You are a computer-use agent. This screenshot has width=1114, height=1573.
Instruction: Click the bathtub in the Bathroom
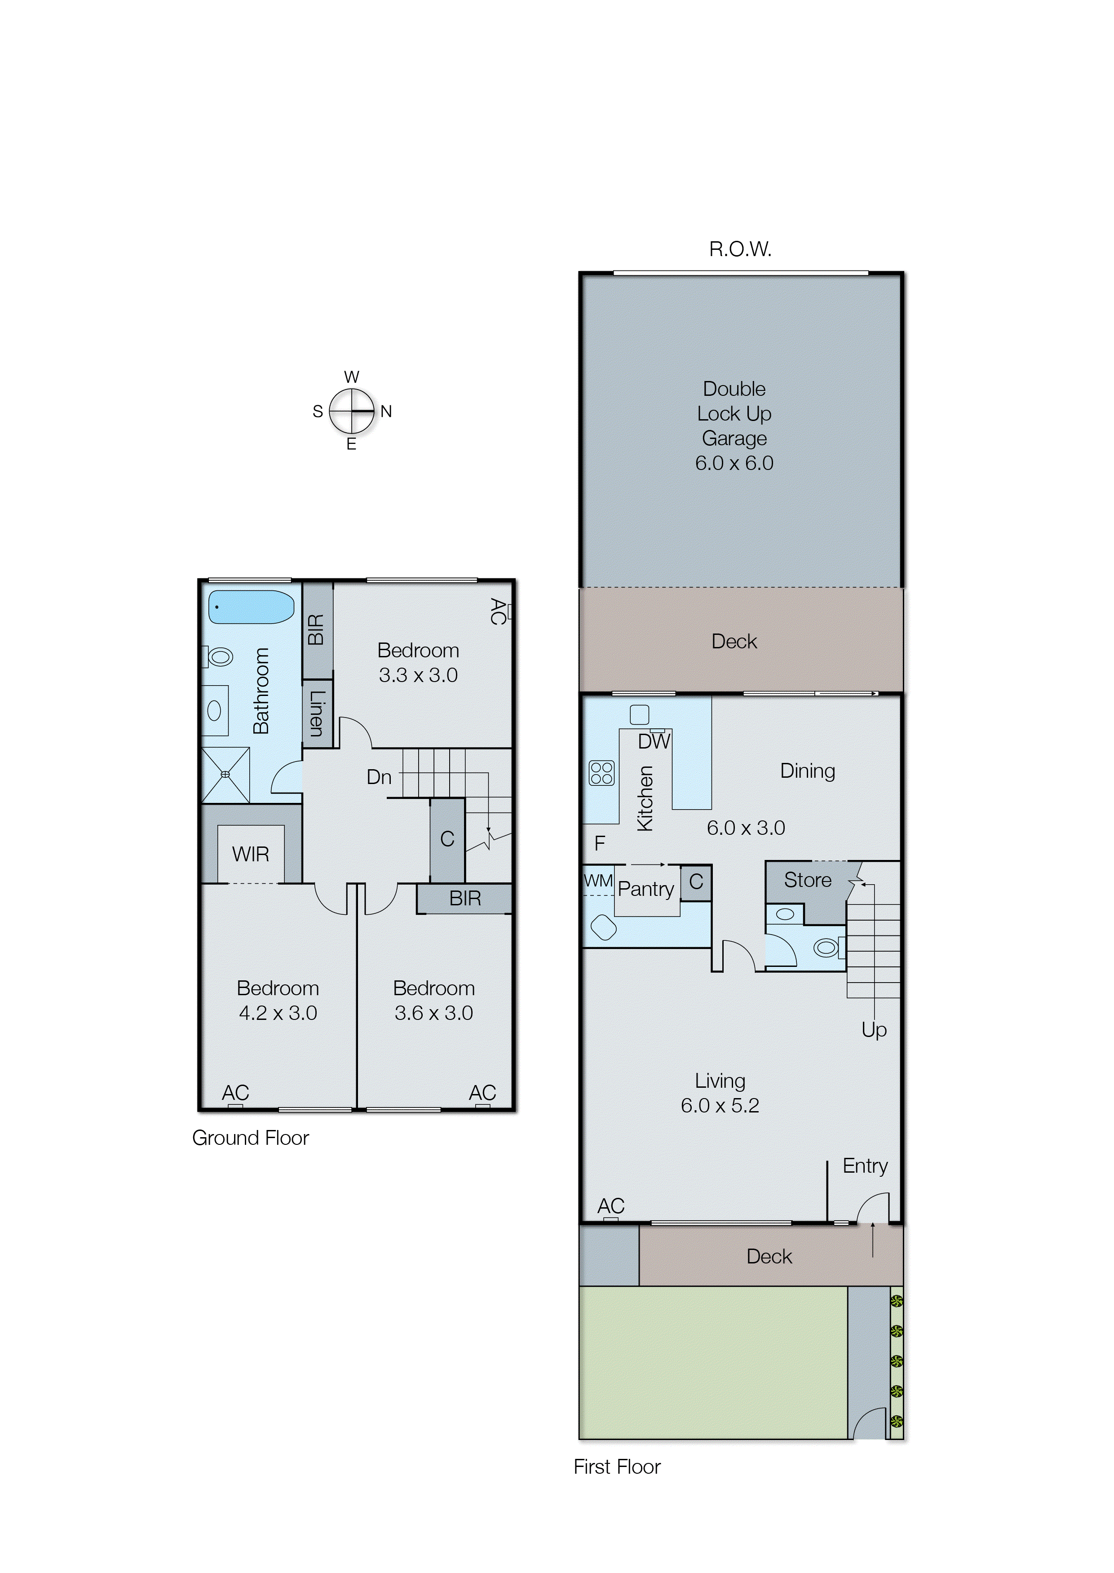point(251,607)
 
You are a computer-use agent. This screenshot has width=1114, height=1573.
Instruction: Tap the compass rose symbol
point(352,411)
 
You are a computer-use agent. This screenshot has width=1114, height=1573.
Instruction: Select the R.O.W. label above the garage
point(740,249)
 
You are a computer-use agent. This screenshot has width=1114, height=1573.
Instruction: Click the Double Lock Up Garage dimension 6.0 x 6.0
point(734,463)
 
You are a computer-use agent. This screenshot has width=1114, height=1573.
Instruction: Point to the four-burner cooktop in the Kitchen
point(601,773)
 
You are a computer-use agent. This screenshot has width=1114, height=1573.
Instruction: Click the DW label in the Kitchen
point(654,741)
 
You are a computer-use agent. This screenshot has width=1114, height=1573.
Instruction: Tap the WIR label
point(250,854)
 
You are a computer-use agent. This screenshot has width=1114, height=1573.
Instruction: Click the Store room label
point(807,880)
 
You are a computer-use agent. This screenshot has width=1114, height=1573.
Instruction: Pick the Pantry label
point(645,889)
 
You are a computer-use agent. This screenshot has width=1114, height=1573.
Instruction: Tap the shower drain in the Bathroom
point(225,775)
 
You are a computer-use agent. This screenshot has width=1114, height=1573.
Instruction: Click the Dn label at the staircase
point(379,777)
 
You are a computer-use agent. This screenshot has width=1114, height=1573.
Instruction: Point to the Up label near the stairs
point(874,1030)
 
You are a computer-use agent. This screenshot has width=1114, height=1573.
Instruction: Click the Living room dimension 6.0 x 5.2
point(720,1105)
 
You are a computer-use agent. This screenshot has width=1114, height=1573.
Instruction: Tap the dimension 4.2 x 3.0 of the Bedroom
point(278,1013)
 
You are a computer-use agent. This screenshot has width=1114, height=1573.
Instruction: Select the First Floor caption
point(617,1466)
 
